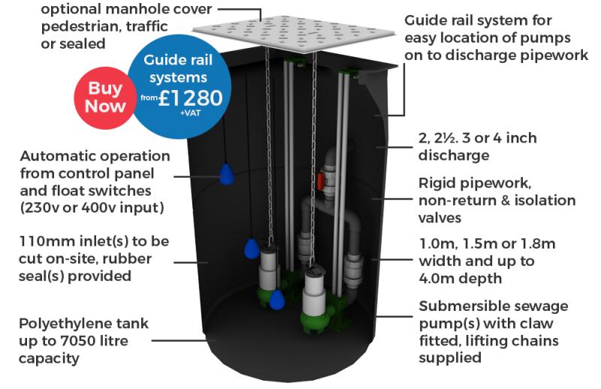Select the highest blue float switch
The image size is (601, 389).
point(225,175)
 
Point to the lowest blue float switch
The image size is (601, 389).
point(277,300)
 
